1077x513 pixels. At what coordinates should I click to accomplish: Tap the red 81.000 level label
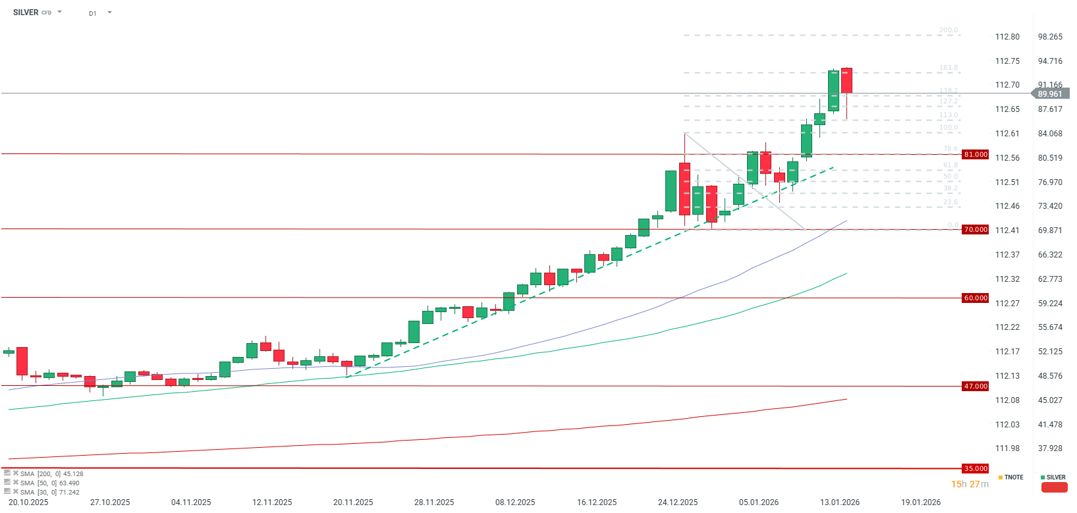(x=976, y=155)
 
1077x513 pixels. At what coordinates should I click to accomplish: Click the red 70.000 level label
(x=976, y=230)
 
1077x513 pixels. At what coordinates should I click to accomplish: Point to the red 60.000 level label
(x=976, y=298)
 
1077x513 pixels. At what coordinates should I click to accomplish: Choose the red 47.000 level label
(x=976, y=387)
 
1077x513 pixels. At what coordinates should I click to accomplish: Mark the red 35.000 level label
(x=976, y=469)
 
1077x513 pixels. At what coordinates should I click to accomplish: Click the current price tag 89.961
(x=1050, y=94)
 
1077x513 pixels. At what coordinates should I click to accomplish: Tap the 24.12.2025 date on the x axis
(x=678, y=502)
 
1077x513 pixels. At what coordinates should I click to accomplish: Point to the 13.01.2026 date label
(x=840, y=502)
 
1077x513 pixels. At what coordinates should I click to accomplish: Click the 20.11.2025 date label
(x=353, y=502)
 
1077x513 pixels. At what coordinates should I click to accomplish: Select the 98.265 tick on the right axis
(x=1050, y=37)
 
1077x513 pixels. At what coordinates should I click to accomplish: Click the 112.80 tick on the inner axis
(x=1007, y=37)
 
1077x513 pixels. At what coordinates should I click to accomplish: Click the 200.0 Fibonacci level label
(x=949, y=30)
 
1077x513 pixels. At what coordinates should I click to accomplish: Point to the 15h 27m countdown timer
(x=970, y=485)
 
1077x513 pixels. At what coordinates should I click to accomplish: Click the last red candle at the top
(x=846, y=80)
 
